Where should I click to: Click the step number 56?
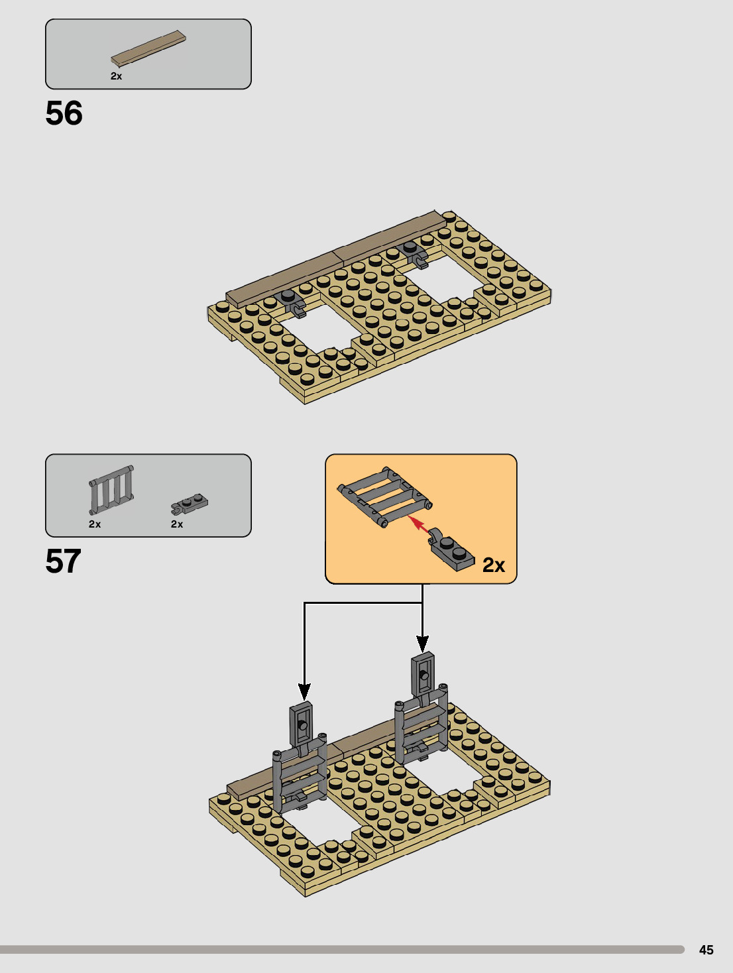tap(64, 113)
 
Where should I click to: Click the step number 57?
tap(64, 561)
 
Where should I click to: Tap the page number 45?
tap(706, 950)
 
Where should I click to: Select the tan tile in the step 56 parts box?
tap(148, 48)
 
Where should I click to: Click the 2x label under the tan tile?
tap(116, 76)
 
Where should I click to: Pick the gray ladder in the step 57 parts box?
tap(111, 490)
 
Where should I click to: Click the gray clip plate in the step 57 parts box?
tap(190, 504)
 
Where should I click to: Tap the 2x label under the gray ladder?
tap(94, 524)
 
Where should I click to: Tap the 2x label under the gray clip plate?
tap(177, 524)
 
